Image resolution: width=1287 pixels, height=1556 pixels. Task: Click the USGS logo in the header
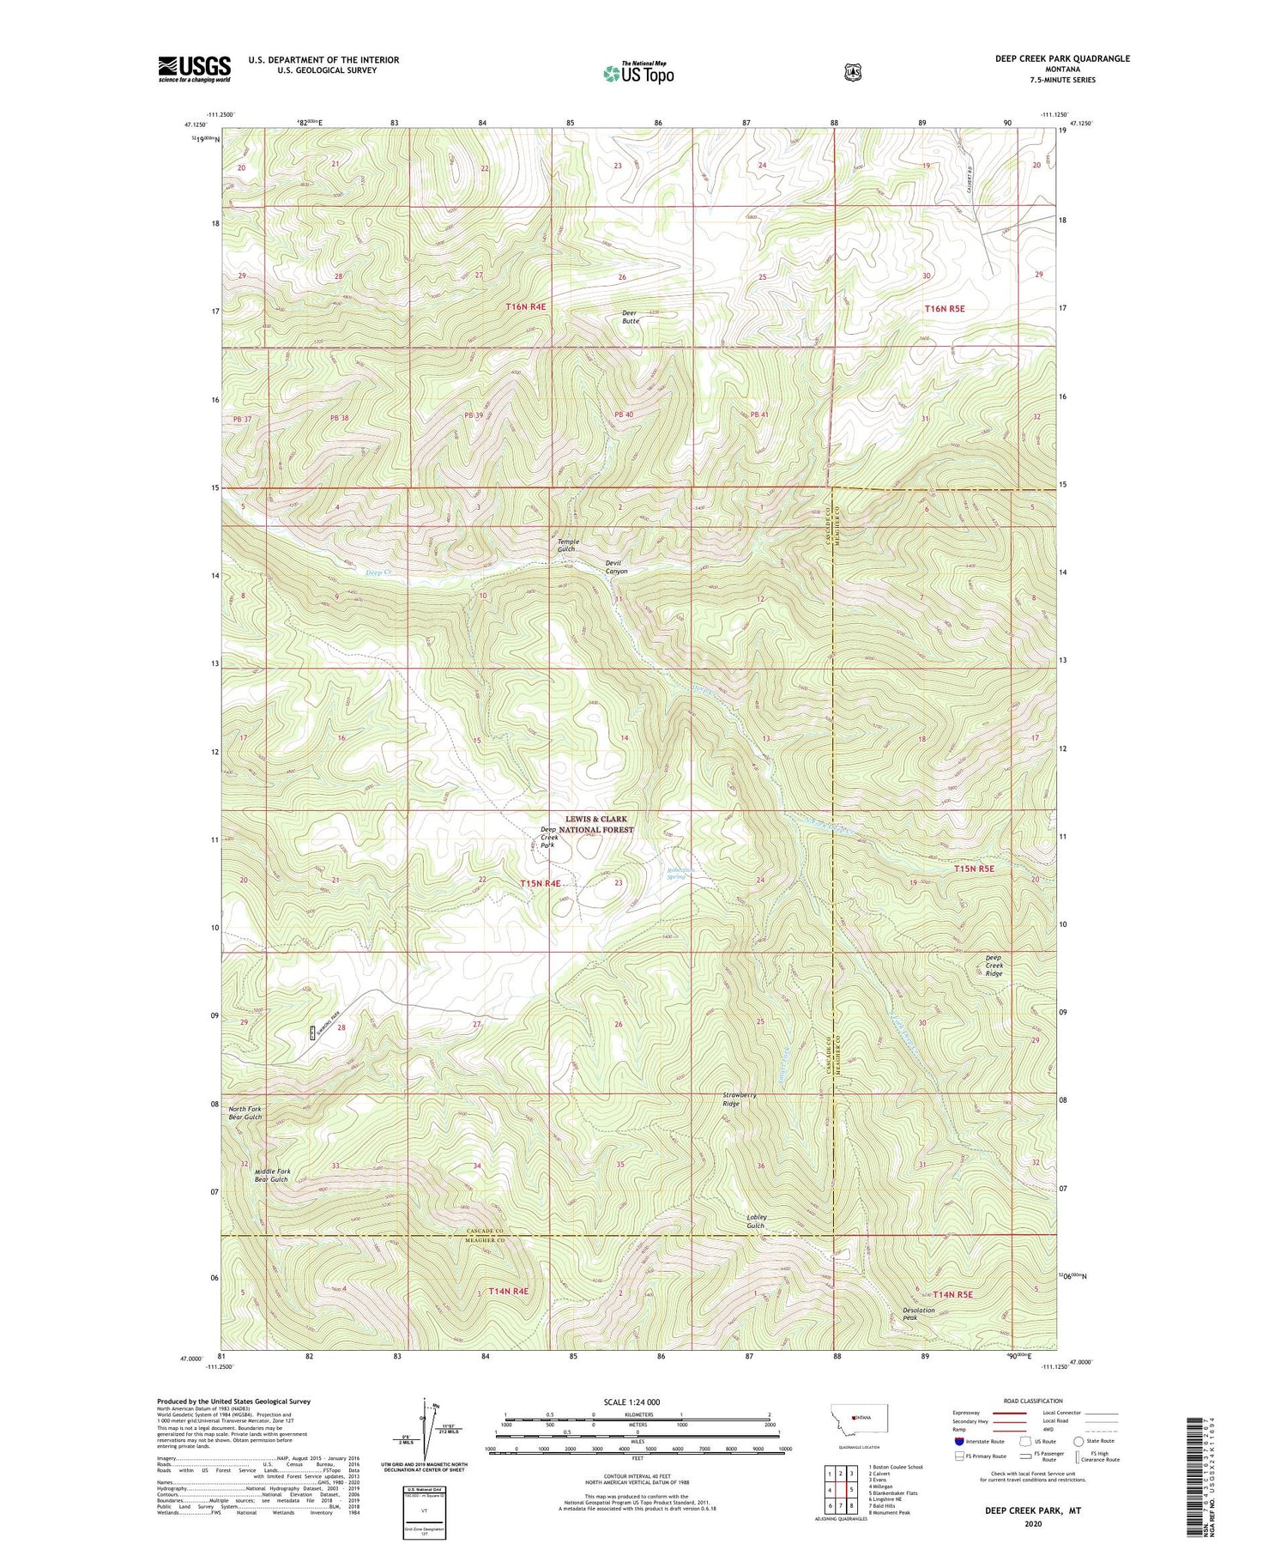click(194, 69)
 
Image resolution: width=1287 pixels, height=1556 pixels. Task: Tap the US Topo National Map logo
click(638, 72)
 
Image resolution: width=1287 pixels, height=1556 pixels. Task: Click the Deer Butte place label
click(631, 317)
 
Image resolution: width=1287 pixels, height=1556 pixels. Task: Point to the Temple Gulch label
click(569, 545)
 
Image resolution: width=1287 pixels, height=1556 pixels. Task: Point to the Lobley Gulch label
click(756, 1220)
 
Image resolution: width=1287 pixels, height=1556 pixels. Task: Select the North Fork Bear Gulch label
click(245, 1113)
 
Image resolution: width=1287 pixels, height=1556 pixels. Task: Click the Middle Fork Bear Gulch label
click(272, 1175)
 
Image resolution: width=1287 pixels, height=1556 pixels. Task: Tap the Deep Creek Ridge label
click(994, 966)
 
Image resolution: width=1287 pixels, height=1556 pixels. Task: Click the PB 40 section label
click(624, 415)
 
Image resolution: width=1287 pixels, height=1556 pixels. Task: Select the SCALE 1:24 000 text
click(637, 1402)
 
